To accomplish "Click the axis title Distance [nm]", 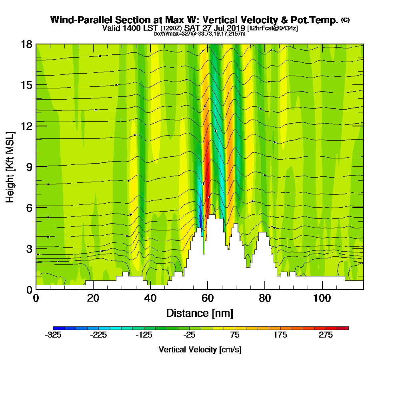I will coord(200,312).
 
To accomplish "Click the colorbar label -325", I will coord(53,335).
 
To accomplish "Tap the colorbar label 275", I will coord(326,335).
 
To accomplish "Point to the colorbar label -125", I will coord(144,335).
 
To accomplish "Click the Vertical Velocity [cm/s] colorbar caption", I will coord(200,350).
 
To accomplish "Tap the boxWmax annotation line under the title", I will coord(200,34).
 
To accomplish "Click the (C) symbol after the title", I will coord(345,20).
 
